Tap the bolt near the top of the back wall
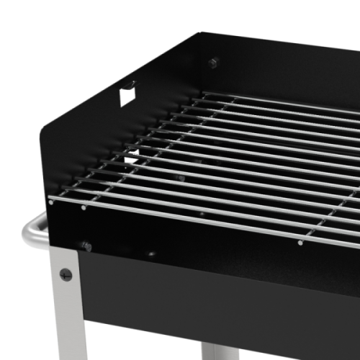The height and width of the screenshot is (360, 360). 213,63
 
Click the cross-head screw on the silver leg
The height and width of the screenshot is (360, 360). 66,274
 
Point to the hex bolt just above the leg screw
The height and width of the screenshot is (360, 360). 85,246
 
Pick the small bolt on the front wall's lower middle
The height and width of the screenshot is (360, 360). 151,254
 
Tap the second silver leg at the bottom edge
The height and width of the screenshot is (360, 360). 216,352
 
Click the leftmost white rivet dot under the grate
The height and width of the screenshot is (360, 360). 50,202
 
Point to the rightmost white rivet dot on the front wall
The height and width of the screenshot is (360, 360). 300,243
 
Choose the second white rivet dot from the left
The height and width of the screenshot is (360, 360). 84,207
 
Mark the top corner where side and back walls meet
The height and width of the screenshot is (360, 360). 199,32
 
